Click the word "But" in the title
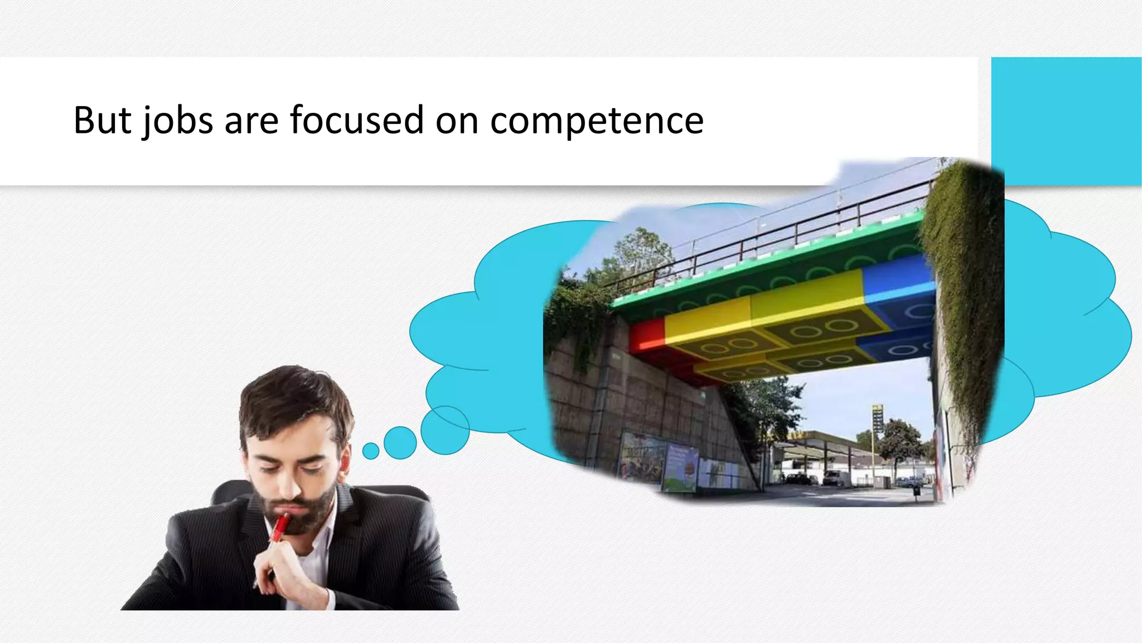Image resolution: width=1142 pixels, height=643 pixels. pos(103,120)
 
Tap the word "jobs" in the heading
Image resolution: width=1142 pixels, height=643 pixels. pos(177,120)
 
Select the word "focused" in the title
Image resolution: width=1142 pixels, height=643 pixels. pos(356,120)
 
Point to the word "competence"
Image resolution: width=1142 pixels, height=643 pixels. pos(597,120)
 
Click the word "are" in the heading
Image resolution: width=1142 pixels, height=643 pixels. pos(251,120)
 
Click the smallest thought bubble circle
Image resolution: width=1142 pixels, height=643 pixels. pos(371,450)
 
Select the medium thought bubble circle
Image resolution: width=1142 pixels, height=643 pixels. pos(400,443)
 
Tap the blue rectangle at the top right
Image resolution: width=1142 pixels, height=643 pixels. pos(1066,121)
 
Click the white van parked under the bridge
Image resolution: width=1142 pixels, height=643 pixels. pos(834,478)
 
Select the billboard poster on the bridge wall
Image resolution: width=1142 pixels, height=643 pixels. pos(679,468)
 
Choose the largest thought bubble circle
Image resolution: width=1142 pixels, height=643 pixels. pos(445,430)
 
